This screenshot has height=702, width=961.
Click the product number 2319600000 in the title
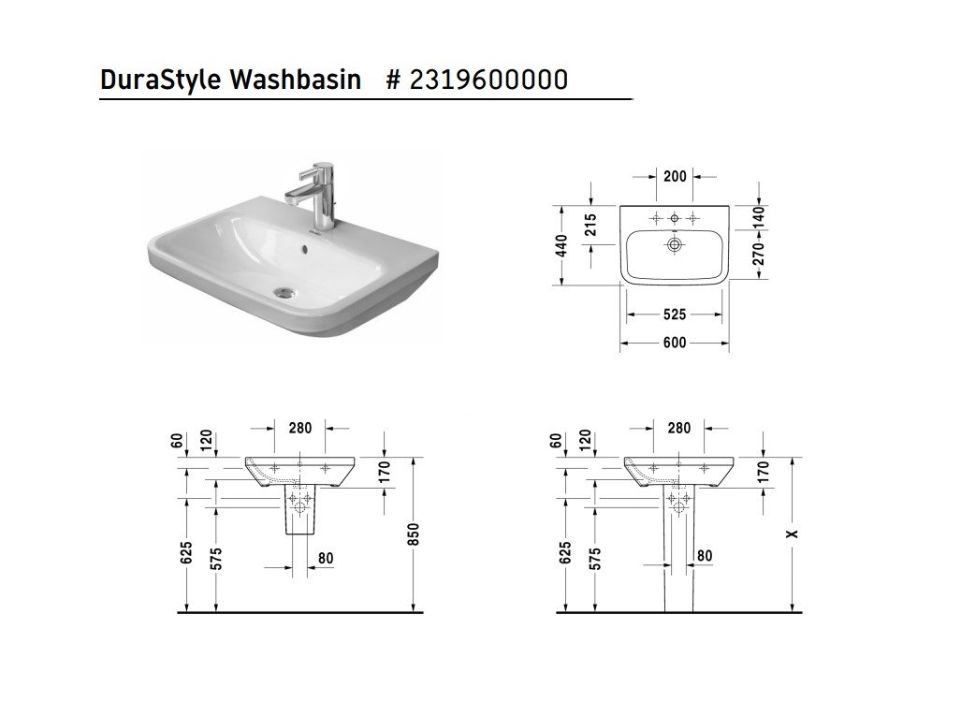pyautogui.click(x=488, y=80)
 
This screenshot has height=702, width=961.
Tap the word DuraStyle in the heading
pyautogui.click(x=161, y=80)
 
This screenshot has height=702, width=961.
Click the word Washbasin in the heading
pyautogui.click(x=296, y=80)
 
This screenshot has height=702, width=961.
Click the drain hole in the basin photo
pyautogui.click(x=284, y=292)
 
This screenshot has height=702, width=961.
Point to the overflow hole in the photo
pyautogui.click(x=304, y=249)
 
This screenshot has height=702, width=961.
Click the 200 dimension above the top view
pyautogui.click(x=675, y=177)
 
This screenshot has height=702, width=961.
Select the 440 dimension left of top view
pyautogui.click(x=562, y=246)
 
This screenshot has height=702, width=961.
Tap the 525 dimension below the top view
pyautogui.click(x=675, y=314)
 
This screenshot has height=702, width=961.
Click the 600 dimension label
pyautogui.click(x=675, y=343)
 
